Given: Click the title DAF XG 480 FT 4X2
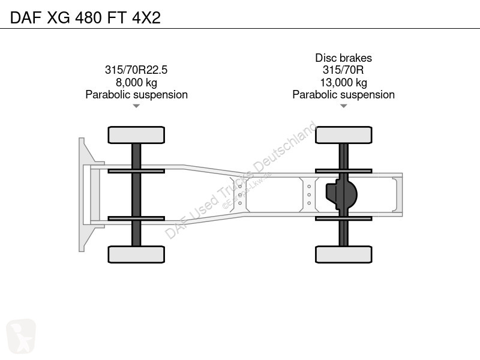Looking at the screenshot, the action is (x=85, y=17).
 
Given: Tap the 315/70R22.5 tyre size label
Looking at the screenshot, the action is (x=136, y=70).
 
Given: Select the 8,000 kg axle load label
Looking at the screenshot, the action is (x=136, y=82).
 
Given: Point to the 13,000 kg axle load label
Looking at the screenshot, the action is (x=343, y=82).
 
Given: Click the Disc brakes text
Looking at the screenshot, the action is (x=343, y=58).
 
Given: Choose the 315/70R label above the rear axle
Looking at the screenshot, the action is (x=343, y=70).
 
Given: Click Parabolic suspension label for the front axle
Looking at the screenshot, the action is (x=137, y=95).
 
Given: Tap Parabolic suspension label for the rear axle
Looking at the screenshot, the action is (x=343, y=95).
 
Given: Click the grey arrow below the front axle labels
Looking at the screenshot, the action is (x=136, y=106).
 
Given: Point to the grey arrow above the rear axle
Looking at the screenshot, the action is (x=343, y=106).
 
